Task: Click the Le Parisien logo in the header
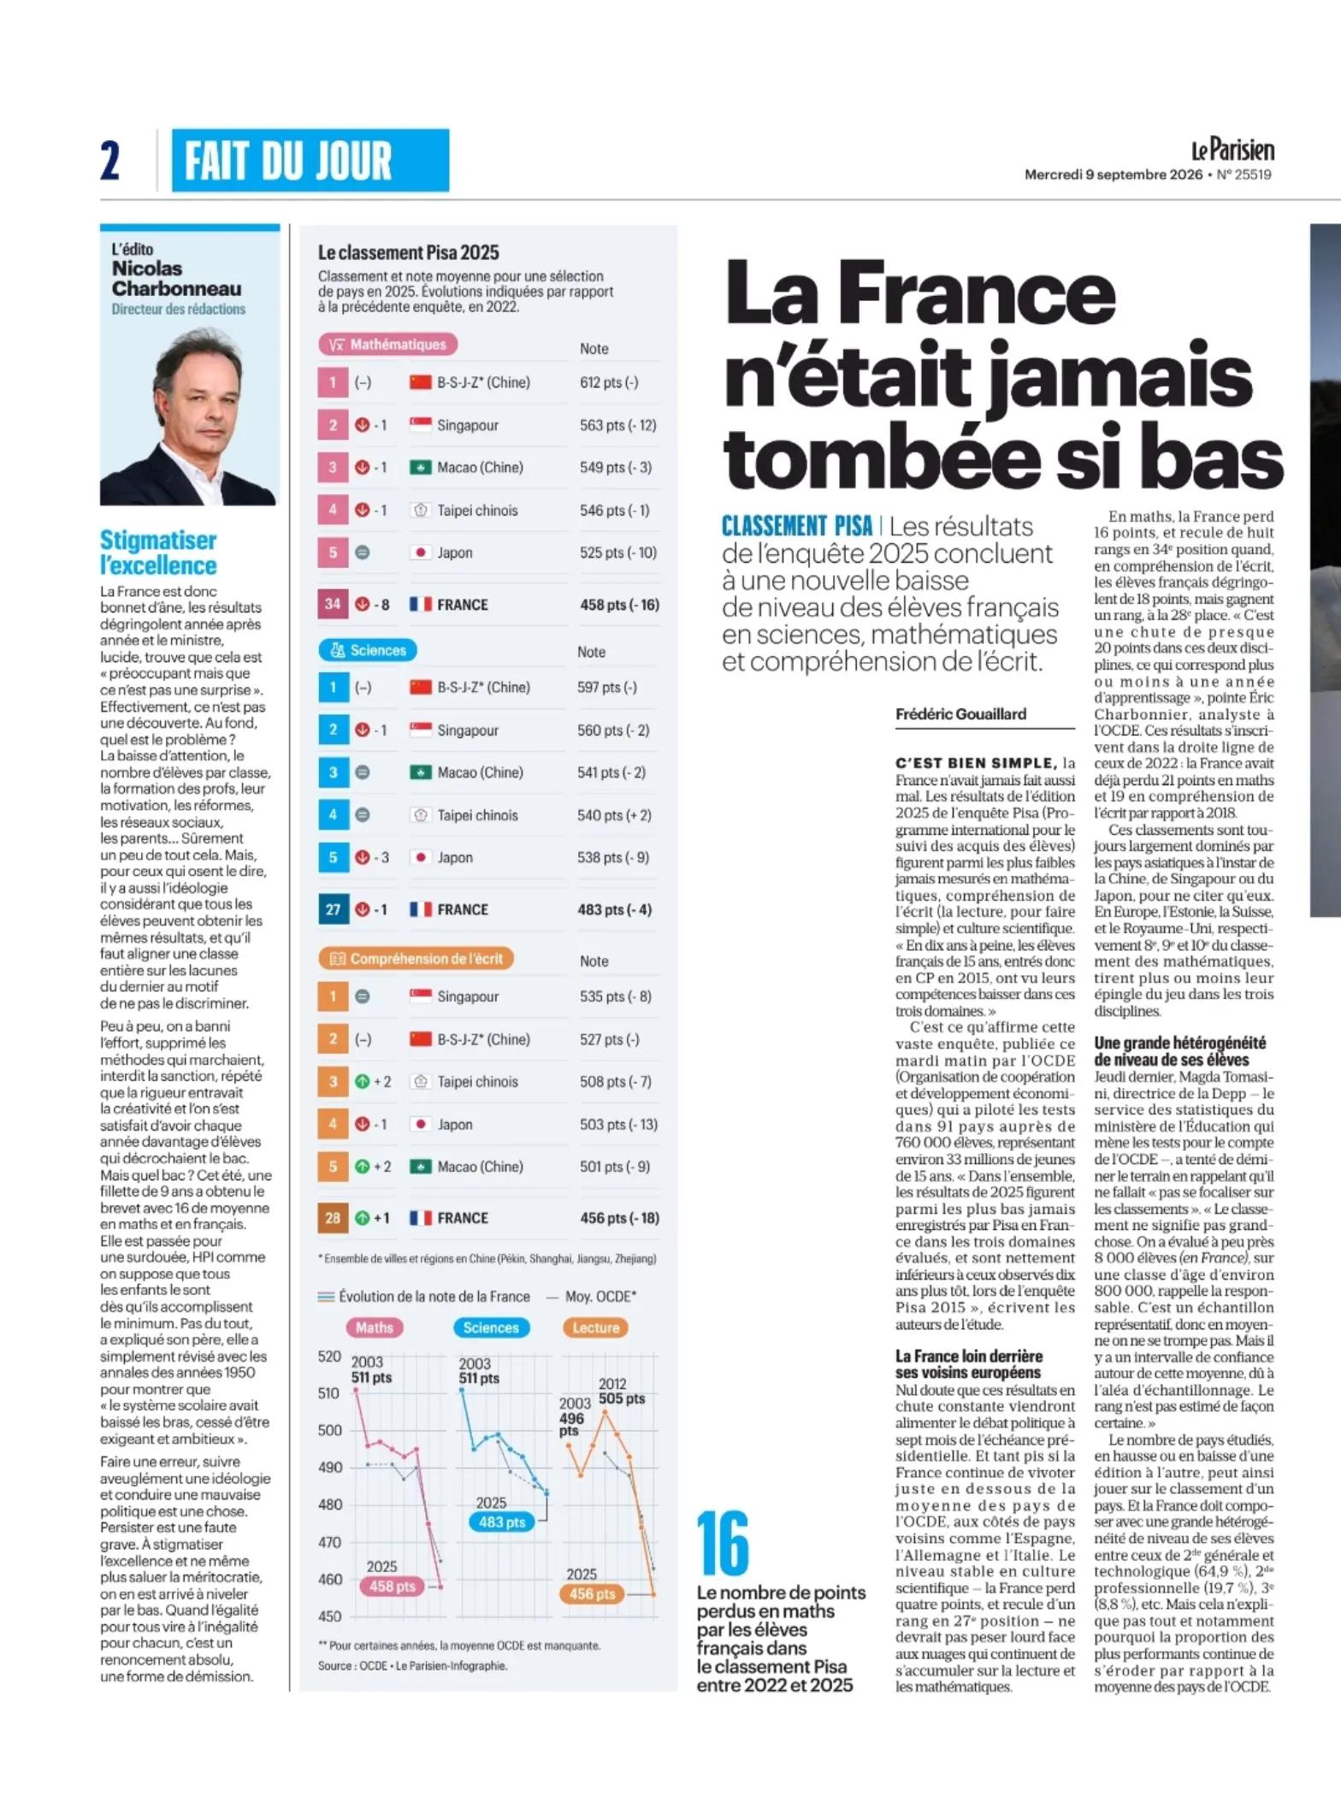[1232, 150]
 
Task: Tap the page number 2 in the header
[110, 160]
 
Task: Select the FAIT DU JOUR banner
[310, 160]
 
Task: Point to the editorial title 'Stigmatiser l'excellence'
[158, 553]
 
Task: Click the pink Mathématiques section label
[388, 345]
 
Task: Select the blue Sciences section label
[368, 650]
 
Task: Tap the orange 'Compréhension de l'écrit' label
[416, 959]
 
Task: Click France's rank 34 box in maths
[333, 604]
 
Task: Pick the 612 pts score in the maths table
[609, 382]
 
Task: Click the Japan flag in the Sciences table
[421, 857]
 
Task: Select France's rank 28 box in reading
[333, 1217]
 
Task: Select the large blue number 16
[723, 1543]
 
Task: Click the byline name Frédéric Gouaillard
[961, 713]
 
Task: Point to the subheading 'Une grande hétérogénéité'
[1180, 1043]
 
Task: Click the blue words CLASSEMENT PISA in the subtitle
[797, 526]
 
